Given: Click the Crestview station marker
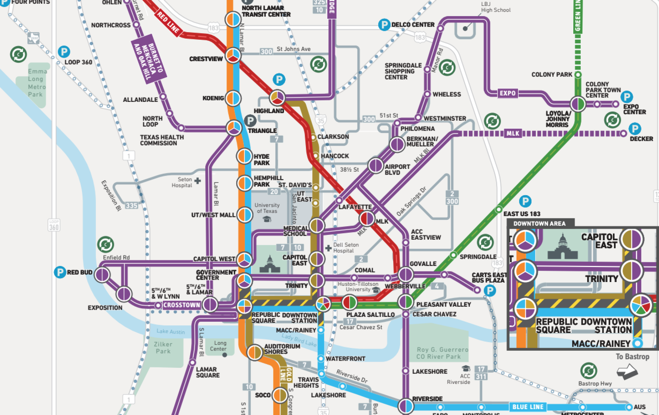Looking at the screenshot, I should pos(233,55).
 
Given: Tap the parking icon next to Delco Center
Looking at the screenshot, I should pos(384,25).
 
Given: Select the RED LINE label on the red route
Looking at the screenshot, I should pos(168,22).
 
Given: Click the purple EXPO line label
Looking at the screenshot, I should pos(507,93).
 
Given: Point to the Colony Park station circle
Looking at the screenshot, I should pos(578,75).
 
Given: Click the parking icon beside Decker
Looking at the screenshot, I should pos(635,129).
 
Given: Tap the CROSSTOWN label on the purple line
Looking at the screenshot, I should pos(182,305).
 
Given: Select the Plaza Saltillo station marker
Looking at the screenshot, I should pos(349,302).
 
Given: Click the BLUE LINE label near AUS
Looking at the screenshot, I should pos(528,407).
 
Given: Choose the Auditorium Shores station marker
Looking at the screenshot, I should pos(255,352).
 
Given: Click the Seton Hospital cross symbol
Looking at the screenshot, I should pos(197,181).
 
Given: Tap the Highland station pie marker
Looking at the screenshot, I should pos(277,98).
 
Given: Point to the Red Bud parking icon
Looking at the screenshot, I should pos(60,272).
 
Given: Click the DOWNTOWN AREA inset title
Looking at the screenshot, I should pos(539,224).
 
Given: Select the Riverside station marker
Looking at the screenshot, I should pos(406,406).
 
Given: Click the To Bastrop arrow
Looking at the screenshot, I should pos(627,372).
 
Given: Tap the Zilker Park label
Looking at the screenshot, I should pos(163,348).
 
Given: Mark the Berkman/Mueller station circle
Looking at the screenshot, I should pos(397,144).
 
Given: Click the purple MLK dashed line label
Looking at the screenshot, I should pos(513,133).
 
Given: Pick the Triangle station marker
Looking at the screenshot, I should pos(234,128).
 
